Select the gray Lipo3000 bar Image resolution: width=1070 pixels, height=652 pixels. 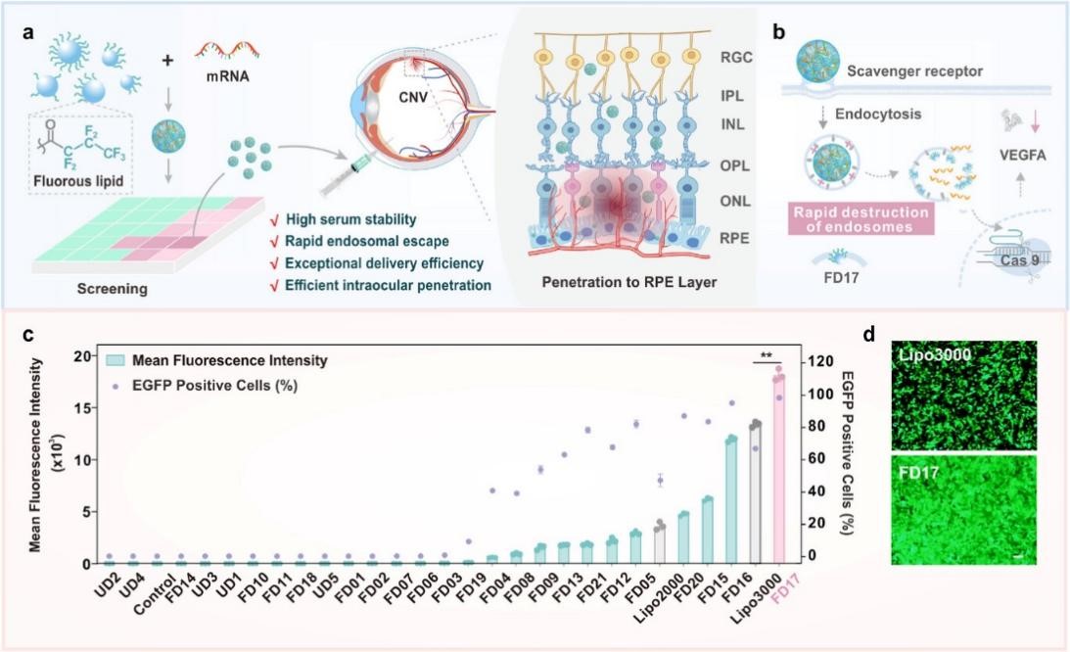point(755,494)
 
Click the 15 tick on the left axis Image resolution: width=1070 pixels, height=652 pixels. point(90,407)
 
